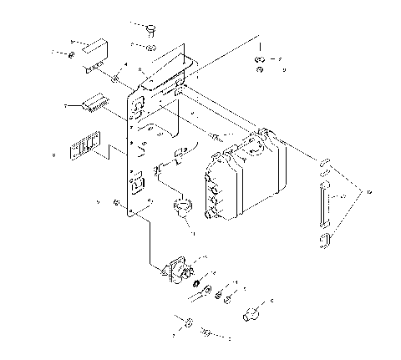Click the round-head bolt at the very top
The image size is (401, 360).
pyautogui.click(x=152, y=30)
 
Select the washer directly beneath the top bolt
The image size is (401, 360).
pyautogui.click(x=149, y=48)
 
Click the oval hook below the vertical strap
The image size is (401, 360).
pyautogui.click(x=324, y=241)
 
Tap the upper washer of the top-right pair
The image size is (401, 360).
pyautogui.click(x=261, y=59)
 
